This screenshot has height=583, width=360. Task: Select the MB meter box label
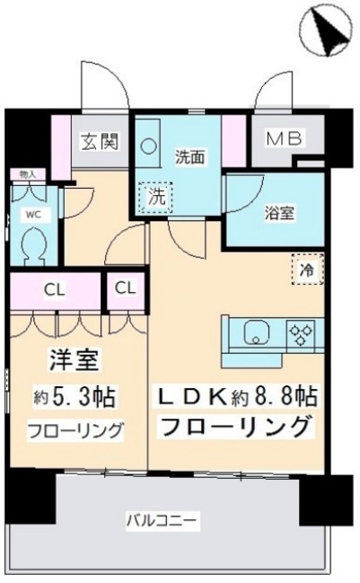pyautogui.click(x=284, y=138)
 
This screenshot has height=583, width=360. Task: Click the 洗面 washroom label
pyautogui.click(x=189, y=155)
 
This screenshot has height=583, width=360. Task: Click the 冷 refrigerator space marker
pyautogui.click(x=306, y=269)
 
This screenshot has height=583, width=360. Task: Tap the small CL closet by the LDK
pyautogui.click(x=126, y=289)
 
